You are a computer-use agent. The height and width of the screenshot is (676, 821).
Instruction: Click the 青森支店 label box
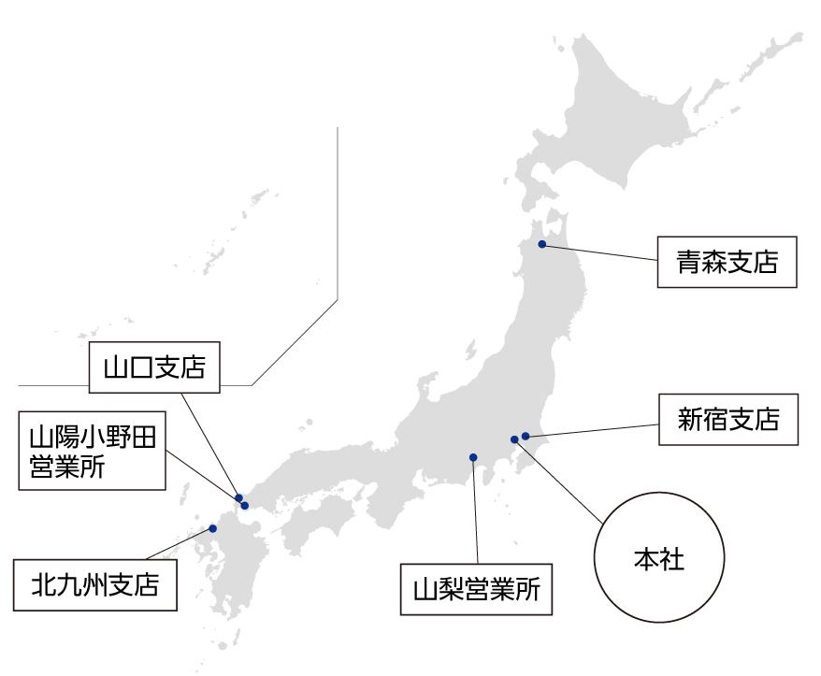point(727,262)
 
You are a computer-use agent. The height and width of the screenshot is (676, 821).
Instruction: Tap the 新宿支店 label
point(728,418)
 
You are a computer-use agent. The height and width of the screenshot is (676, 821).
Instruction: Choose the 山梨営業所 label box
point(476,589)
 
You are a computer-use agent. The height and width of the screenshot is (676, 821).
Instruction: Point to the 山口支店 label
point(154,367)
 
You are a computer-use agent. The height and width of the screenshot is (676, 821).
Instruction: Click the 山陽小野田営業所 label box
point(92,453)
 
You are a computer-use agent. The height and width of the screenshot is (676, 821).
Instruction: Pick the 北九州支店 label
point(94,585)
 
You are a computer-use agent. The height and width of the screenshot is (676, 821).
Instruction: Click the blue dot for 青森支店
point(541,244)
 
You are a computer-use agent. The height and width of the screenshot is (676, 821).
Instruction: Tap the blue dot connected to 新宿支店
point(526,436)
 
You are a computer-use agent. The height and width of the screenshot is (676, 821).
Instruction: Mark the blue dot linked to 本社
point(514,439)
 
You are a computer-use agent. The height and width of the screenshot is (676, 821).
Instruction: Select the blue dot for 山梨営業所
point(473,457)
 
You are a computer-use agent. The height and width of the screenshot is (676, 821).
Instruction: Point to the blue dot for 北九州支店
point(213,528)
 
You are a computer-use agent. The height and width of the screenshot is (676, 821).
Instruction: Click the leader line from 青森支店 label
point(598,252)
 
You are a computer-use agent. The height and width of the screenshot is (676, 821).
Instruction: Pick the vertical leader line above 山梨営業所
point(476,514)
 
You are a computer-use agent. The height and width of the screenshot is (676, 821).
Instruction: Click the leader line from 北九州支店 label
point(178,544)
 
